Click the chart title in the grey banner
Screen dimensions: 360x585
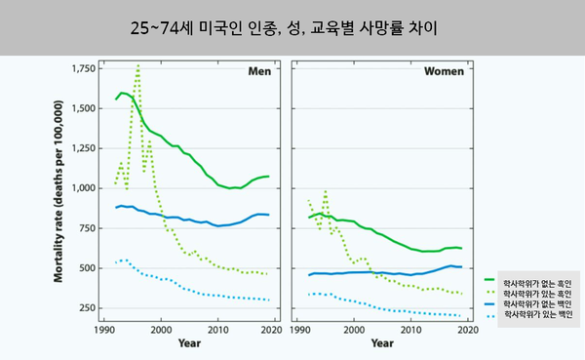pyautogui.click(x=292, y=27)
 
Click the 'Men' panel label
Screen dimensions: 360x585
pyautogui.click(x=259, y=72)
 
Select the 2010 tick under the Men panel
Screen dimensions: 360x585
pyautogui.click(x=218, y=329)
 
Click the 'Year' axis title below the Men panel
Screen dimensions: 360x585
pyautogui.click(x=190, y=342)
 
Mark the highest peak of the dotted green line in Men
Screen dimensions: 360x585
pyautogui.click(x=138, y=65)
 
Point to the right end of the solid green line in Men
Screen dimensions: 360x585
pyautogui.click(x=268, y=177)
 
